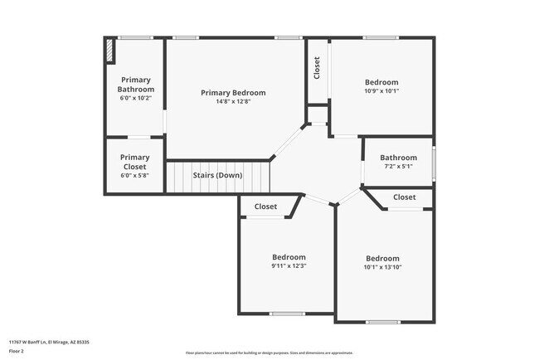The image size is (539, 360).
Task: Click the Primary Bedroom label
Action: click(x=233, y=92)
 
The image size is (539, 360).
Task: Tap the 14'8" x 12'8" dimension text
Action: click(x=233, y=102)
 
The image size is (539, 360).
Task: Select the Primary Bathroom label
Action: click(x=135, y=84)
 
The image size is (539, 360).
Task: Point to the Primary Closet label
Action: click(x=134, y=162)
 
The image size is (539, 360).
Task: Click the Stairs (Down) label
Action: click(x=217, y=176)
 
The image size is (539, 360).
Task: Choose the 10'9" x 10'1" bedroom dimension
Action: click(x=381, y=92)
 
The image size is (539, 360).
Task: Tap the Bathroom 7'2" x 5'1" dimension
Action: click(x=397, y=167)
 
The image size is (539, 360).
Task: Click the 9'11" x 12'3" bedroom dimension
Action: click(x=289, y=266)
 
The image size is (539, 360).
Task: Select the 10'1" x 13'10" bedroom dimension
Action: click(x=382, y=267)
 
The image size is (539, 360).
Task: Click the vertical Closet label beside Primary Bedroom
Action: click(x=317, y=69)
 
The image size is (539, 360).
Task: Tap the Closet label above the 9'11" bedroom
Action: click(x=265, y=207)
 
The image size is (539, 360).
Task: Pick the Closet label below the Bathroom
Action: click(x=404, y=197)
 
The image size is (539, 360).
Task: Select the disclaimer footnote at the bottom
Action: click(x=269, y=352)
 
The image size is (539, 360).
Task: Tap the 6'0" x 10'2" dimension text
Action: click(x=135, y=98)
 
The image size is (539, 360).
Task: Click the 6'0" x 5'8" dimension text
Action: click(x=134, y=175)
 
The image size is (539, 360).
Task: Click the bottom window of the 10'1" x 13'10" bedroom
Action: click(x=383, y=321)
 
